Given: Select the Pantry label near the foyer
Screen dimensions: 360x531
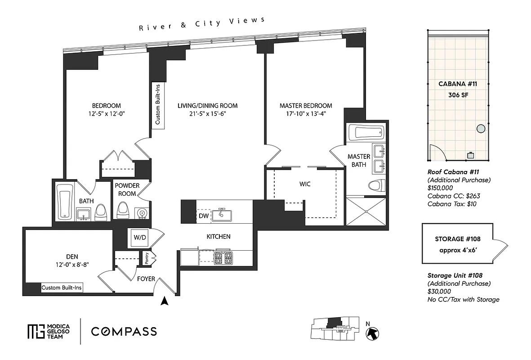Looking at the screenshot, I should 147,258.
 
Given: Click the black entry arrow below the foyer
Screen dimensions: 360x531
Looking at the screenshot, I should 165,301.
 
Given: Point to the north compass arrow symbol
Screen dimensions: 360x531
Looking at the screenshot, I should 373,333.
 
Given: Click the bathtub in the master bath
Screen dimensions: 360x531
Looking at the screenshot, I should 368,133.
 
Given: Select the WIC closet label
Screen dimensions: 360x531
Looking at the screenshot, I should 305,184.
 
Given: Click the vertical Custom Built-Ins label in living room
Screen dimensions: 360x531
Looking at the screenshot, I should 157,106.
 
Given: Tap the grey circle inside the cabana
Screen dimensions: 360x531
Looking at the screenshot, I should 480,129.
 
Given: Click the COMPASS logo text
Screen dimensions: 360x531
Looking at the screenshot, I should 124,332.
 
